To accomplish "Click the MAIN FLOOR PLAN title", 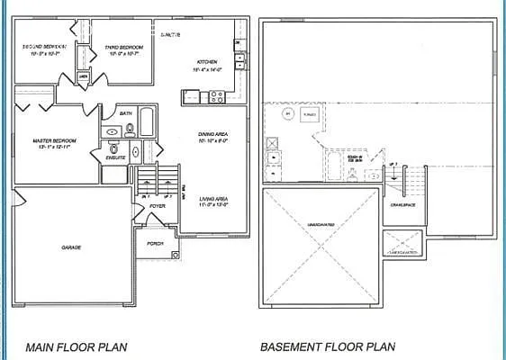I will (77, 346).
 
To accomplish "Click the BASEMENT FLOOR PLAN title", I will (328, 346).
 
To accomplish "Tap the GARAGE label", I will (71, 247).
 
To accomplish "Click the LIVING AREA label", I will (213, 199).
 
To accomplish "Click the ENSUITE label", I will (115, 157).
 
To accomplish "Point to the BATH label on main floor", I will (126, 114).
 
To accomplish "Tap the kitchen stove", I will (217, 95).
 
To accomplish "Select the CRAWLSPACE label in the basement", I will (402, 204).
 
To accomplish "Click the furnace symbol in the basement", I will (311, 116).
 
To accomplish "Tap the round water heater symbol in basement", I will (287, 115).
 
